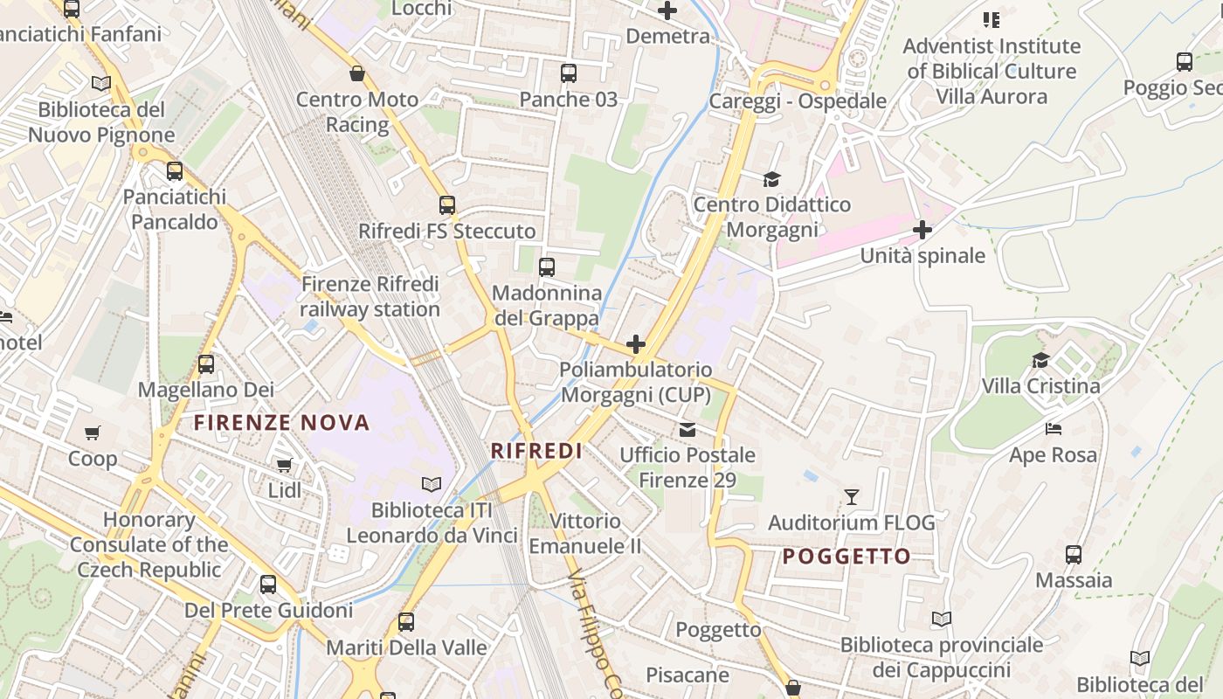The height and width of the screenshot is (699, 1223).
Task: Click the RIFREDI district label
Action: click(536, 451)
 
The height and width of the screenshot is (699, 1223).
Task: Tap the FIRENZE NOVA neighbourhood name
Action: click(282, 424)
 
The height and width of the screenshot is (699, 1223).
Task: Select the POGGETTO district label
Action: click(846, 557)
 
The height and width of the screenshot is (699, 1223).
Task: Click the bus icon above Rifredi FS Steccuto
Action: click(447, 205)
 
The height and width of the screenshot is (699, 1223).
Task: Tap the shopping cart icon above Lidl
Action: click(284, 465)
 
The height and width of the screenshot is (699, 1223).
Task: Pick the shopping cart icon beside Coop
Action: click(93, 433)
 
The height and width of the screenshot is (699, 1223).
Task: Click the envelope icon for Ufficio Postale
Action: click(688, 429)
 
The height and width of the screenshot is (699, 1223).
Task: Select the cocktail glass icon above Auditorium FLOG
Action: click(852, 497)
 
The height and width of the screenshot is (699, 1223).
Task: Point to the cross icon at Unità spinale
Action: click(922, 230)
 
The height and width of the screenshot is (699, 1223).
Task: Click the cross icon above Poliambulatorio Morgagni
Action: click(636, 344)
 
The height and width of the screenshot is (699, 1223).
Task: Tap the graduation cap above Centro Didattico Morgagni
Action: click(771, 179)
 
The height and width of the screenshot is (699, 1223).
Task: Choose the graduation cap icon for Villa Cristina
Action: click(1040, 360)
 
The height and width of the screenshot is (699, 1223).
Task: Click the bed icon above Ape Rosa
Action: click(1054, 429)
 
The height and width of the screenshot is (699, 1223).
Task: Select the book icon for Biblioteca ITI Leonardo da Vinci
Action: click(432, 484)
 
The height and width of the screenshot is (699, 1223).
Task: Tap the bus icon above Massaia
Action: click(1074, 554)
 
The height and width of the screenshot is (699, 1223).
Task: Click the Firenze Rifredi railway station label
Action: click(370, 297)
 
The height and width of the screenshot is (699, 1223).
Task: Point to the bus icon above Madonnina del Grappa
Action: click(547, 267)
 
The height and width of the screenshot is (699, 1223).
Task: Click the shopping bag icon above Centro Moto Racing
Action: click(356, 73)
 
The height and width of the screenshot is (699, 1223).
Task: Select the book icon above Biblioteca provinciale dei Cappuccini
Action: click(941, 619)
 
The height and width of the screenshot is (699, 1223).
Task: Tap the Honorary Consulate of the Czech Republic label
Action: click(149, 544)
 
